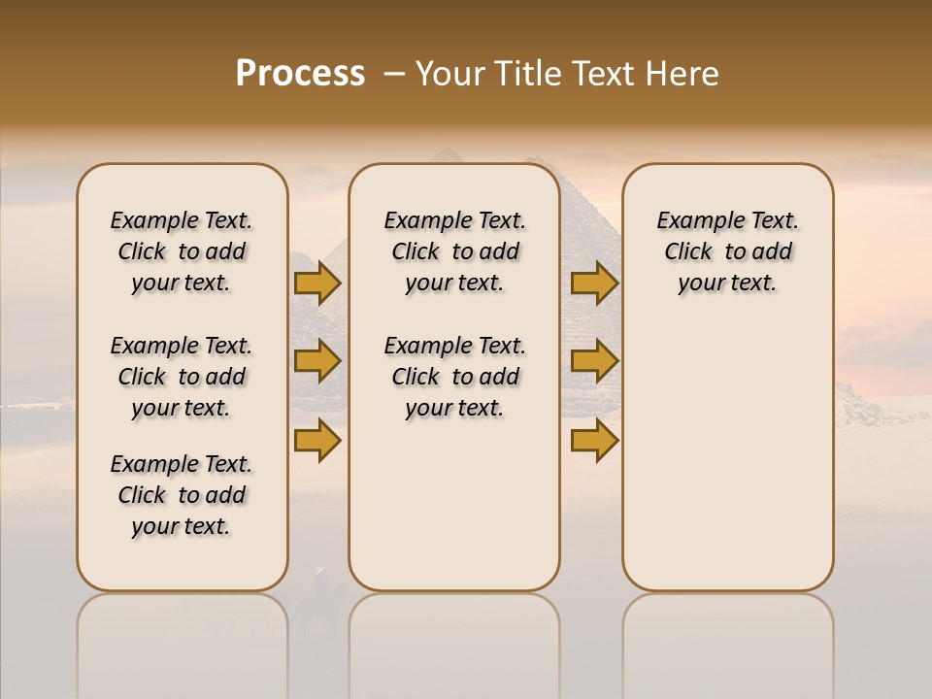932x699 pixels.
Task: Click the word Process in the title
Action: tap(300, 74)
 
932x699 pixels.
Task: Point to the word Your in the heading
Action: tap(450, 74)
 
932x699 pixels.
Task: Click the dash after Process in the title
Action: tap(394, 75)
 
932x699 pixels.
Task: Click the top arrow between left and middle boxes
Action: tap(317, 283)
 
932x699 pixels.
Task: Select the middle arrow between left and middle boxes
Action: tap(317, 361)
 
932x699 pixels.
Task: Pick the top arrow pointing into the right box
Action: tap(594, 283)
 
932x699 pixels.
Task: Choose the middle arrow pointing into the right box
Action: tap(594, 361)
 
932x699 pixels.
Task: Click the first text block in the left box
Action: tap(182, 251)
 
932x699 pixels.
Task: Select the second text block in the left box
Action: tap(182, 377)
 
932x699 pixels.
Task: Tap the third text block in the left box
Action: tap(182, 495)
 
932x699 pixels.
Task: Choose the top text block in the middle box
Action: tap(454, 251)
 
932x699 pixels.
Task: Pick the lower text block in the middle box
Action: tap(454, 377)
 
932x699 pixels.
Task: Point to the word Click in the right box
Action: tap(688, 252)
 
